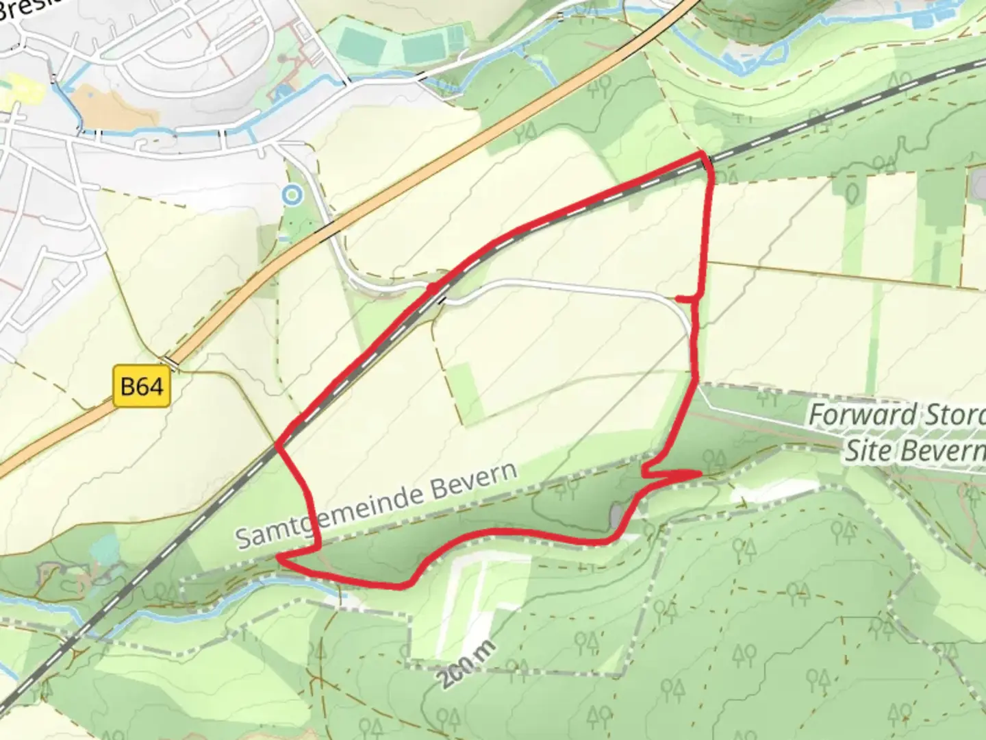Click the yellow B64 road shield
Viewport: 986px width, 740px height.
point(141,387)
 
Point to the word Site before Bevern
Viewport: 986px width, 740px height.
point(870,451)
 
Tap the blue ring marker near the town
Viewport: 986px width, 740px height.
point(292,195)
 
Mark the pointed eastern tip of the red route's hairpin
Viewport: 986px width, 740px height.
point(700,473)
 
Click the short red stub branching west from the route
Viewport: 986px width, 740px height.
point(685,298)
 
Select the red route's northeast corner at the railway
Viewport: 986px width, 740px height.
point(705,159)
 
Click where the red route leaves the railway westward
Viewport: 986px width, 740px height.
point(278,446)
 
